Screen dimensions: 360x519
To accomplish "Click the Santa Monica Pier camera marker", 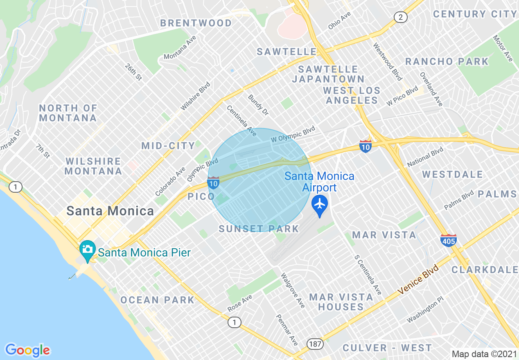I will pyautogui.click(x=87, y=250).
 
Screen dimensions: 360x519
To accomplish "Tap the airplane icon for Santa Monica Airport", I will pyautogui.click(x=319, y=203).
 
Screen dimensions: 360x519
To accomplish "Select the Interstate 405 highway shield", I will pyautogui.click(x=449, y=240).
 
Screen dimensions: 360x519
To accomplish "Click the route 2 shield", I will pyautogui.click(x=400, y=17).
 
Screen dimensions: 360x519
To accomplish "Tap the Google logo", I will pyautogui.click(x=27, y=350).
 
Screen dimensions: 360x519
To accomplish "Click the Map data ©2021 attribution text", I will pyautogui.click(x=484, y=353).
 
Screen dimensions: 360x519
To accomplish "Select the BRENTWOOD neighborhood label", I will pyautogui.click(x=196, y=23).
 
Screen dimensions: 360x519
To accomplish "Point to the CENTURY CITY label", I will pyautogui.click(x=475, y=14).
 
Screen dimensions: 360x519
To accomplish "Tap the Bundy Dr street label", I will pyautogui.click(x=258, y=105).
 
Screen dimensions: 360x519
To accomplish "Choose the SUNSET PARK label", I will pyautogui.click(x=258, y=229).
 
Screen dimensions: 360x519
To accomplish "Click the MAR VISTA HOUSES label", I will pyautogui.click(x=341, y=302).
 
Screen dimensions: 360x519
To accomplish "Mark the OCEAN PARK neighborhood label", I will pyautogui.click(x=157, y=300).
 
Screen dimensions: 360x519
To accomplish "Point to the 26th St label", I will pyautogui.click(x=133, y=72).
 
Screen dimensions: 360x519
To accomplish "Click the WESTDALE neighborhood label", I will pyautogui.click(x=453, y=175).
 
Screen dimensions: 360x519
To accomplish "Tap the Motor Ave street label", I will pyautogui.click(x=503, y=48).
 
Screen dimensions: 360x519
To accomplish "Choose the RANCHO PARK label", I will pyautogui.click(x=447, y=62).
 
